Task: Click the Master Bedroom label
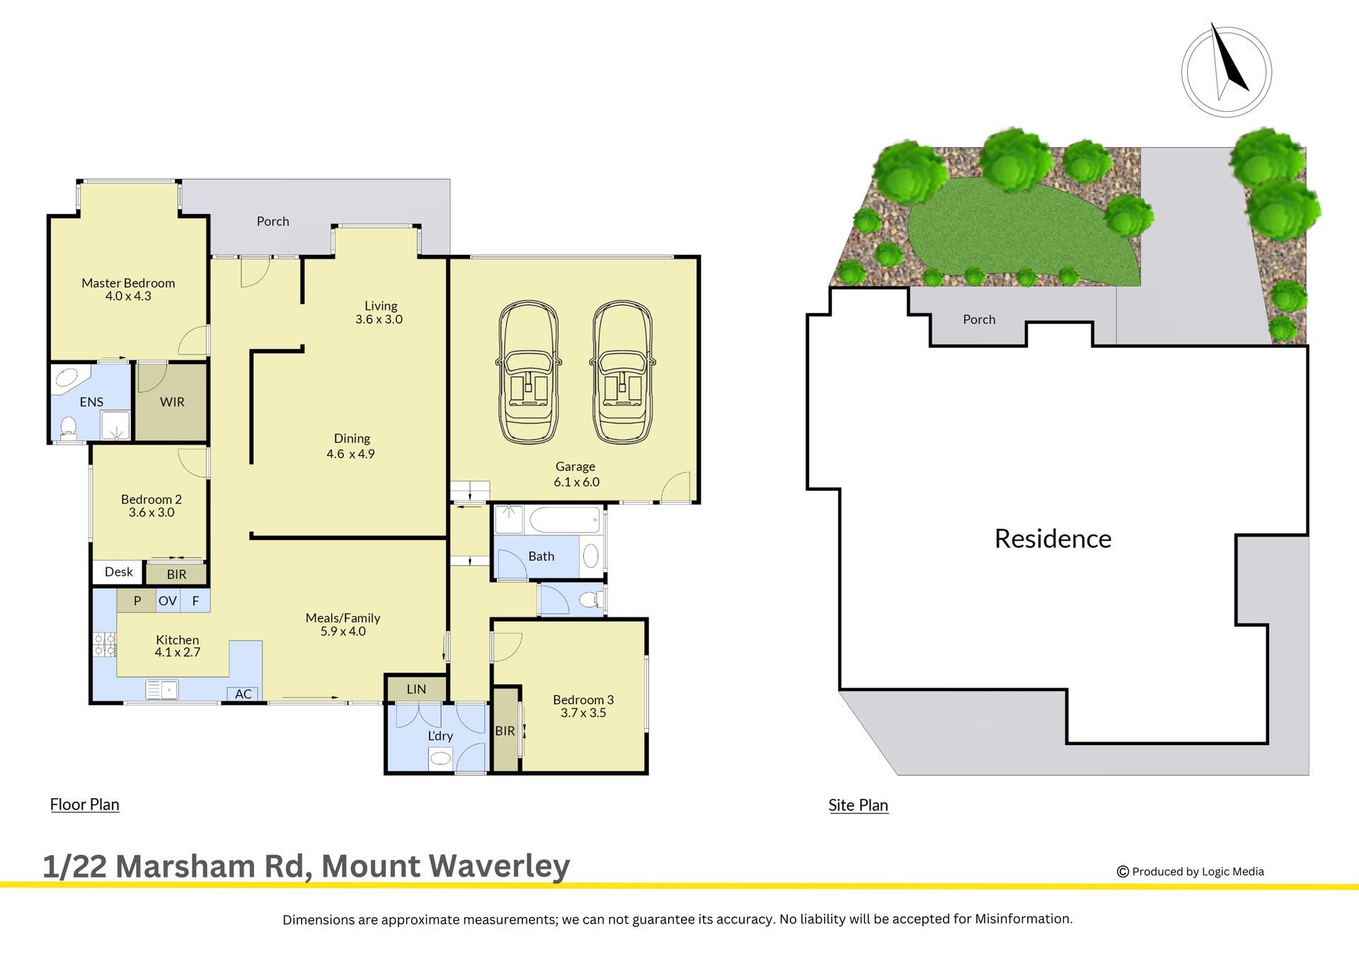pos(128,283)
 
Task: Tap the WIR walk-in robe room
pos(172,402)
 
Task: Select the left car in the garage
pos(528,373)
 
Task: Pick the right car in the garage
pos(622,373)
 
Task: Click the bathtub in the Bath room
pos(564,520)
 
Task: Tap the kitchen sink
pos(162,689)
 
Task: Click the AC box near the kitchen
pos(243,694)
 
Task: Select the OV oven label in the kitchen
pos(168,601)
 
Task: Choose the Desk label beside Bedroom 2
pos(118,572)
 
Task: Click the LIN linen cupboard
pos(416,689)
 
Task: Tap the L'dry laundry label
pos(440,736)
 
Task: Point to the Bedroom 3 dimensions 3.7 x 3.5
pos(583,713)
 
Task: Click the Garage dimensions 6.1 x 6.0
pos(576,482)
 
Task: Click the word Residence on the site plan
pos(1053,539)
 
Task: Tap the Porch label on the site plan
pos(979,319)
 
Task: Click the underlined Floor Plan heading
pos(84,804)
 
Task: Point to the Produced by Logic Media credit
pos(1191,872)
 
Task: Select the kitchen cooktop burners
pos(105,644)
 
